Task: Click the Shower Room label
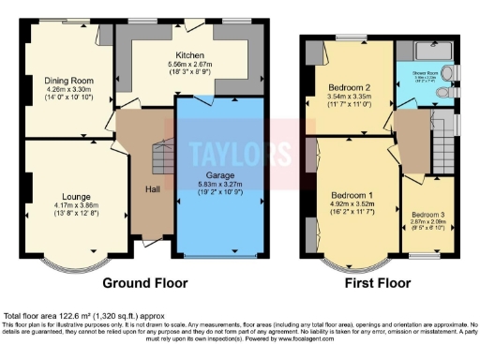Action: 427,69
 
